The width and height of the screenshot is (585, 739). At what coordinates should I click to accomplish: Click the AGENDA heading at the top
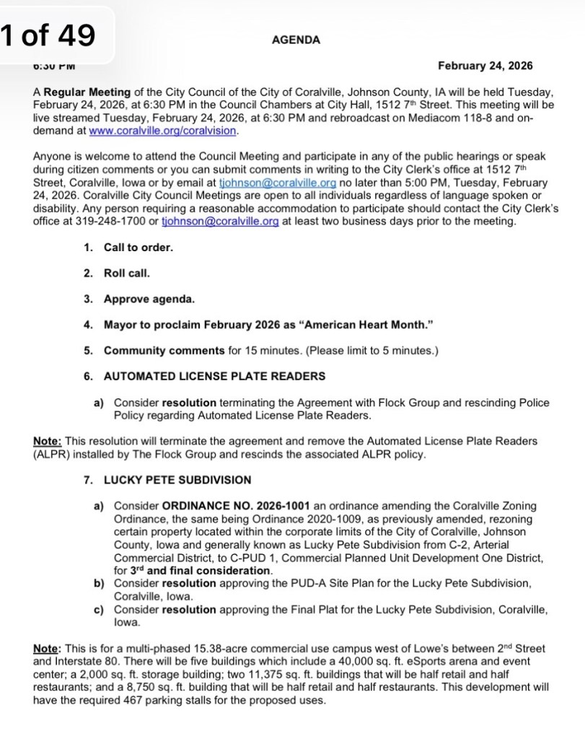click(296, 40)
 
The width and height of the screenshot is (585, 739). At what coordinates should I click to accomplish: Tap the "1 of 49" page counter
click(48, 35)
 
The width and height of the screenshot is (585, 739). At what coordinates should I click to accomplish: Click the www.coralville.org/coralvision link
click(162, 132)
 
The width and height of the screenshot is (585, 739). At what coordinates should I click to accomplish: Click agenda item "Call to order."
click(138, 248)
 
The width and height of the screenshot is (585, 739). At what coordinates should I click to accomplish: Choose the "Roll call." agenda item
click(127, 274)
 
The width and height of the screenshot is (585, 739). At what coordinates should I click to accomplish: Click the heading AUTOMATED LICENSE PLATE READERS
click(214, 376)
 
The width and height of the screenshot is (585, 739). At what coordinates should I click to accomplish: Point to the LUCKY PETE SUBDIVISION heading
click(177, 480)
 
